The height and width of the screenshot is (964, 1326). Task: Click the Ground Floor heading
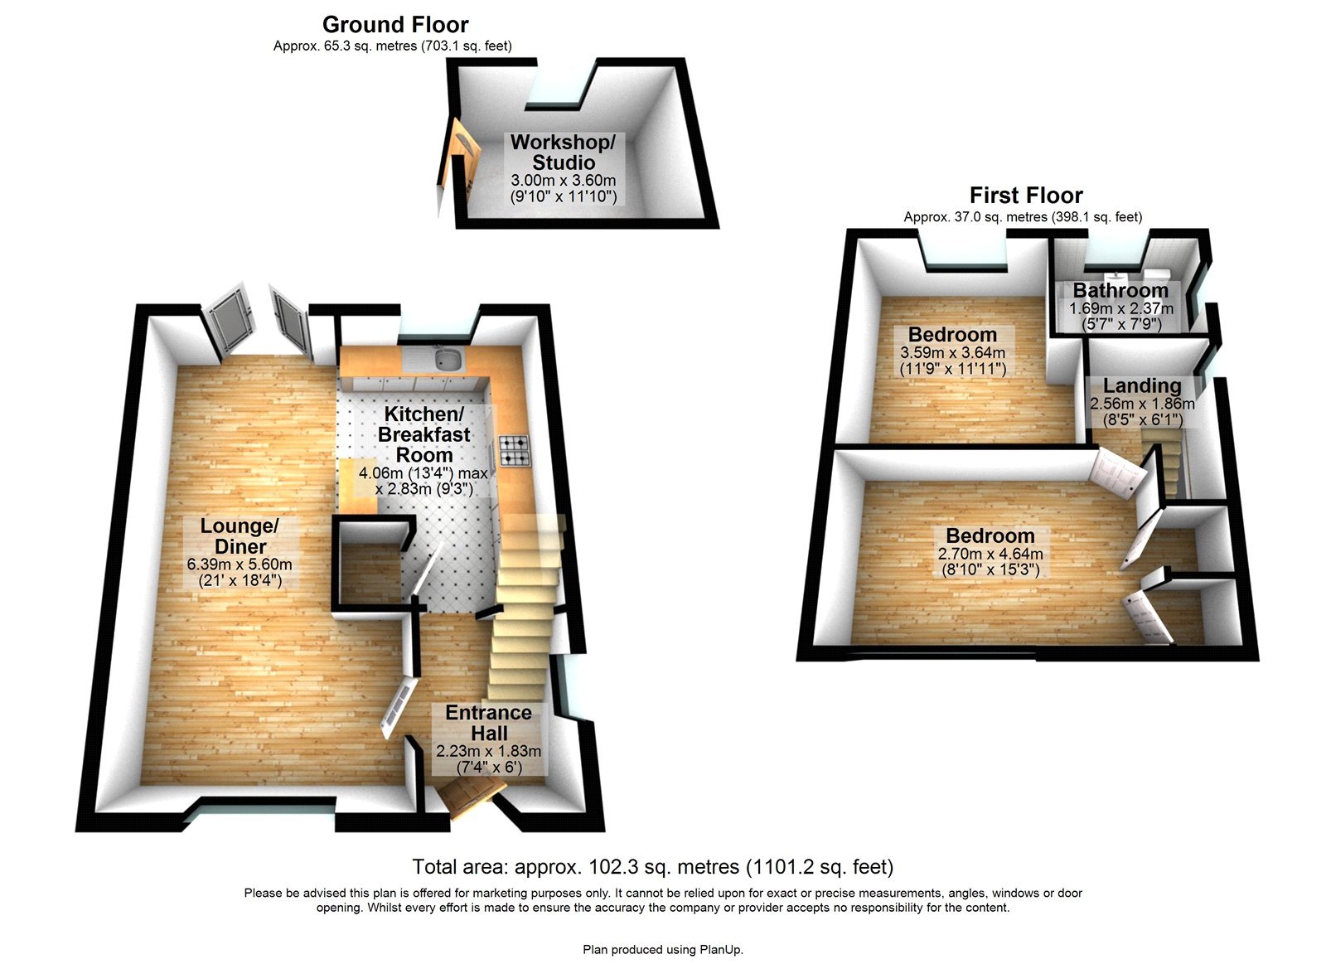[x=395, y=25]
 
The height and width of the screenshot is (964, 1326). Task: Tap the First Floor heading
[x=1026, y=196]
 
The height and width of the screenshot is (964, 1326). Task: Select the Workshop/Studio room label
[x=564, y=153]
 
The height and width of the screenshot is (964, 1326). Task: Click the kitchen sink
[x=449, y=359]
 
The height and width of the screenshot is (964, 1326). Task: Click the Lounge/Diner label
[x=240, y=536]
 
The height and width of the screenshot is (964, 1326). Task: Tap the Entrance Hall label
[x=489, y=723]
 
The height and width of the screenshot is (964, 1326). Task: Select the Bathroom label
[x=1120, y=291]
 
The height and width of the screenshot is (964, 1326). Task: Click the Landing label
[x=1142, y=386]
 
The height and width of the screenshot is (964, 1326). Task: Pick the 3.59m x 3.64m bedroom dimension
[x=953, y=352]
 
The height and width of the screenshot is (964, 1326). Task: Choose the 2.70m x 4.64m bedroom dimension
[x=990, y=554]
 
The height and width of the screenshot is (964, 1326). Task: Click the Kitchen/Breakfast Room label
[x=423, y=434]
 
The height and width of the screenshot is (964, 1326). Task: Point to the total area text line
[x=653, y=867]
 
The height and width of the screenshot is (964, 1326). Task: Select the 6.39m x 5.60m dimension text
[x=240, y=564]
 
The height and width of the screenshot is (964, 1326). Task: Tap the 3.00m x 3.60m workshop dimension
[x=564, y=181]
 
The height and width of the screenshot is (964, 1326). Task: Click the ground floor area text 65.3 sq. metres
[x=393, y=46]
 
